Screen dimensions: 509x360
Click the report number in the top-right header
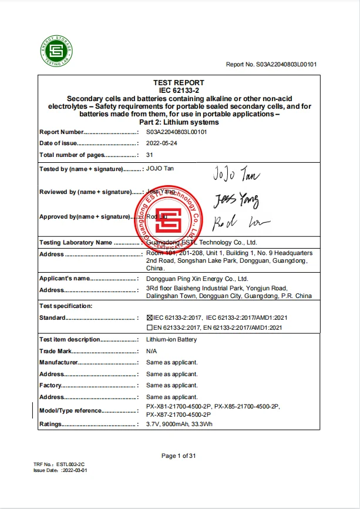tap(271, 65)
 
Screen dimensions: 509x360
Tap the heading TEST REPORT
tap(179, 83)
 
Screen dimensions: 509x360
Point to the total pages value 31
tap(150, 155)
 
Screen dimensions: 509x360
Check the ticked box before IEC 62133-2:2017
tap(149, 318)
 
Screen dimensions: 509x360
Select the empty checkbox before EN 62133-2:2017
tap(149, 327)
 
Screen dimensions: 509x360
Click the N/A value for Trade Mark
tap(152, 351)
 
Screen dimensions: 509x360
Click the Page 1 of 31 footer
tap(179, 456)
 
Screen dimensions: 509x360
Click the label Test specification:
tap(66, 306)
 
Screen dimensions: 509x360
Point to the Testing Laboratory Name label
tap(76, 243)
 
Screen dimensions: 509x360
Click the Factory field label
tap(51, 386)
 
